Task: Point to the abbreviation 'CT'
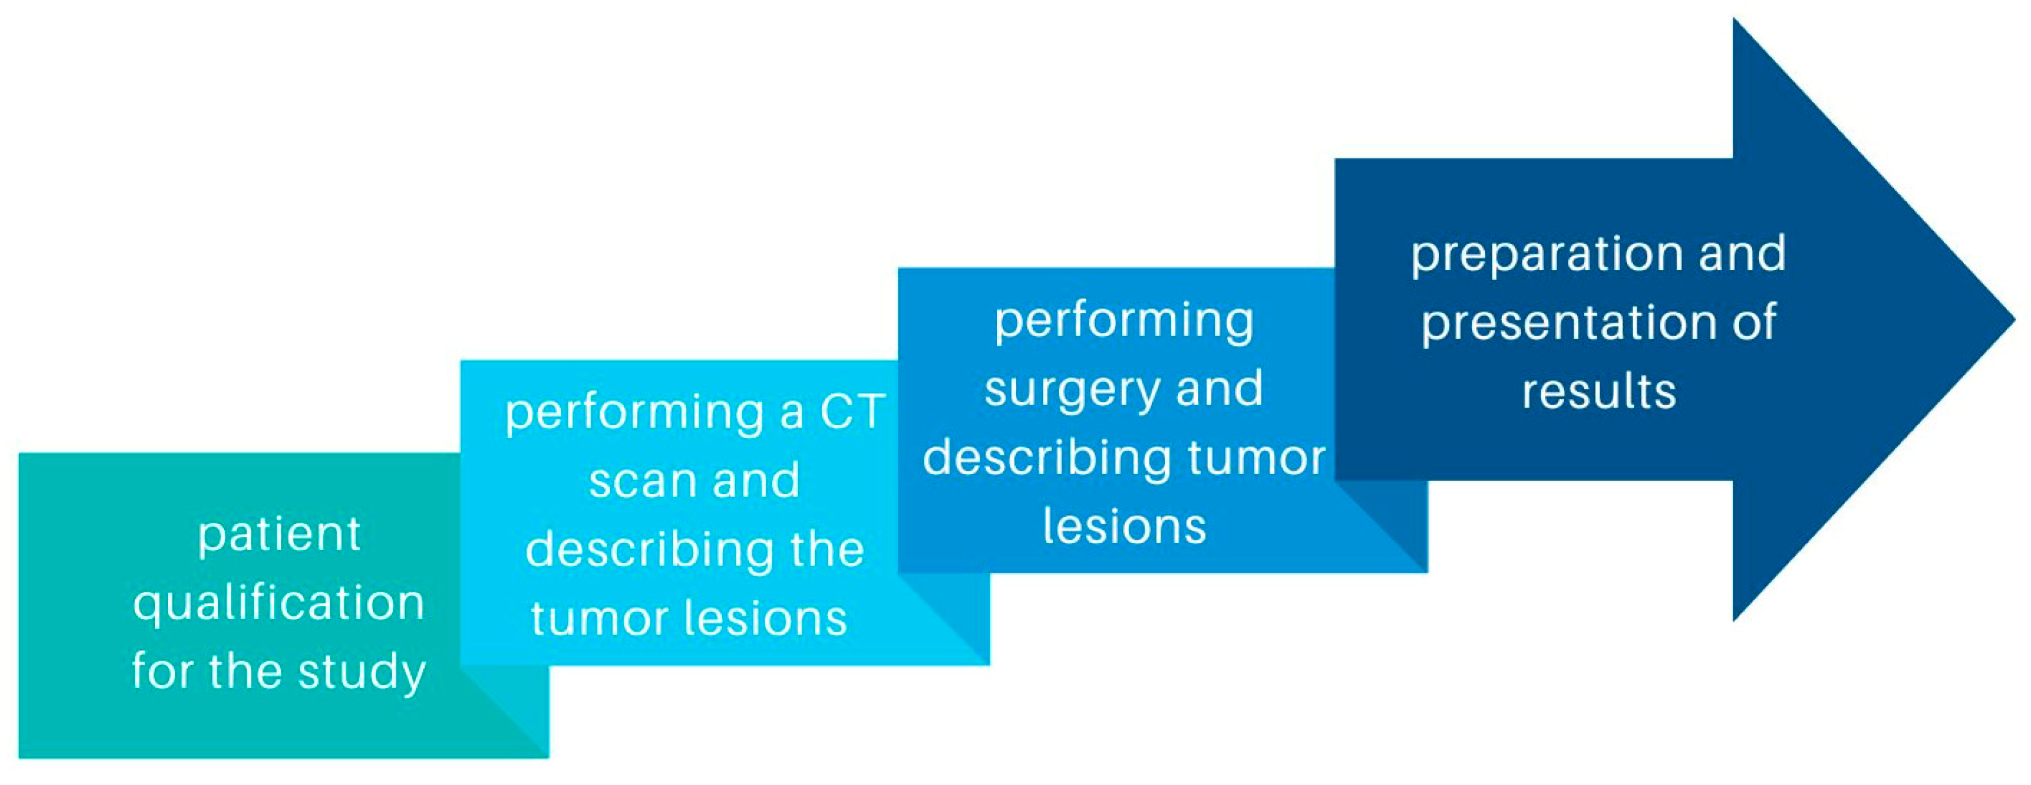click(x=853, y=412)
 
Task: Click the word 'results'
click(x=1599, y=392)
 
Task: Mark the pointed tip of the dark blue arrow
click(x=2014, y=320)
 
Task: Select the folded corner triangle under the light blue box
click(x=944, y=619)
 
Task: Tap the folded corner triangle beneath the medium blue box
click(x=1381, y=526)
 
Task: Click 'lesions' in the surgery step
click(x=1125, y=527)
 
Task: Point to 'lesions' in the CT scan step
click(x=766, y=619)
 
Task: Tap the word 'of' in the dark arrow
click(x=1754, y=323)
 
